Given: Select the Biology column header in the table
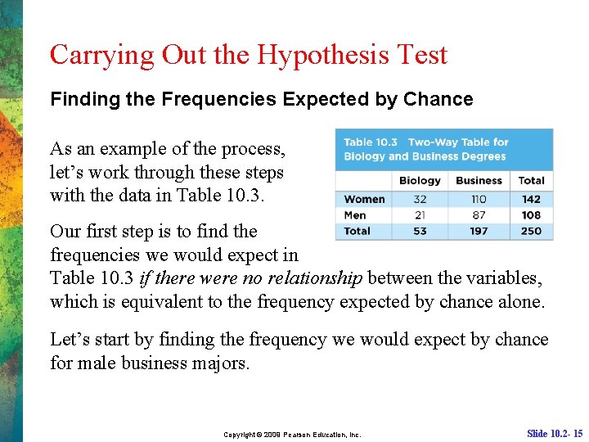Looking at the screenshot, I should (420, 180).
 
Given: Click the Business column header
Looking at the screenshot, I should (479, 180).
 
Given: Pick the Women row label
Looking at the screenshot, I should (364, 199).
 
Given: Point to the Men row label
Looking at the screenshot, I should (356, 214).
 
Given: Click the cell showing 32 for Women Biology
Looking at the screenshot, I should (420, 199).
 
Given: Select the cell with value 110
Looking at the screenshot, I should (479, 199).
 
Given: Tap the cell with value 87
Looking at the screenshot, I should (479, 214).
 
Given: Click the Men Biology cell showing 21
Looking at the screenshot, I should (420, 214).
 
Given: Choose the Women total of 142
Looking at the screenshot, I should (531, 199).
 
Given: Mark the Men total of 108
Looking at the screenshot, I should (531, 214).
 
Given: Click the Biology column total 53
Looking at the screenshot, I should (420, 231).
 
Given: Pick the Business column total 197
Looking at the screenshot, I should (479, 231).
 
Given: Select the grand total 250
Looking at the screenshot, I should (531, 231).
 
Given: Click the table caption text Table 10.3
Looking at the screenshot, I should (371, 142).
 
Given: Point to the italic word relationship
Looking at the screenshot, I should (313, 278).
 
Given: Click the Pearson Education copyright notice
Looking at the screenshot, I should (292, 435).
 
